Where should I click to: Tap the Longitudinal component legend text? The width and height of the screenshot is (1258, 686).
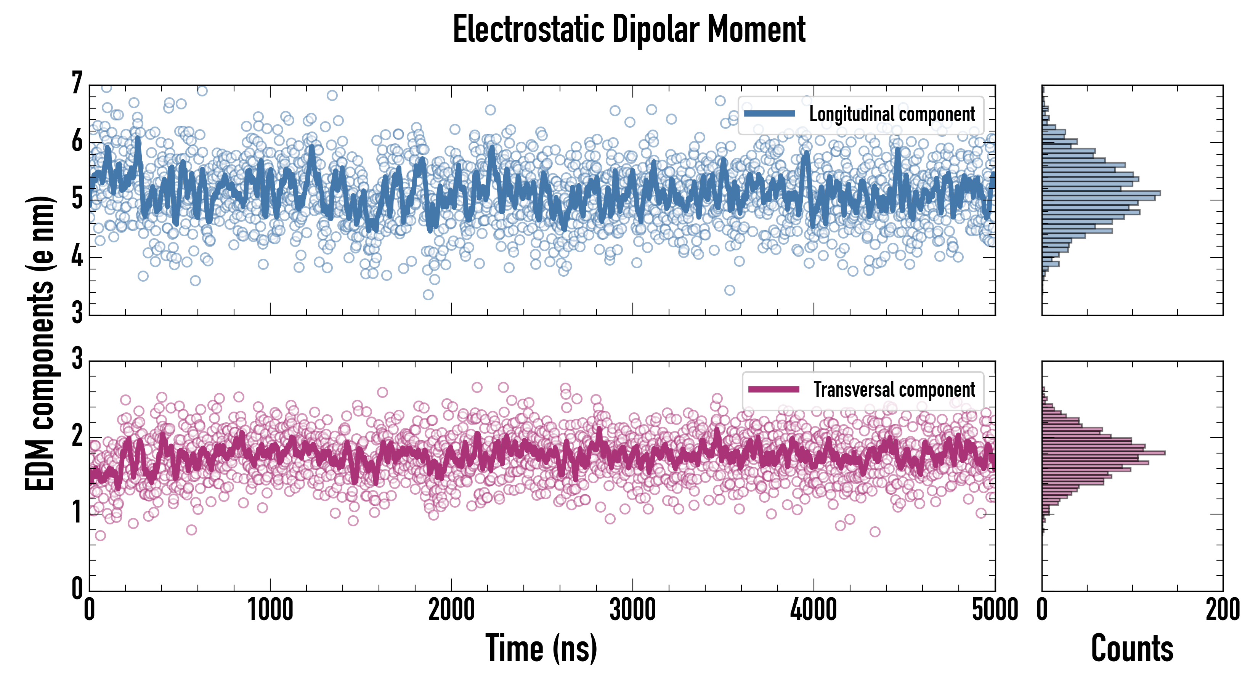(x=892, y=114)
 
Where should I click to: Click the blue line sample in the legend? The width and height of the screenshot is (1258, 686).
(x=769, y=114)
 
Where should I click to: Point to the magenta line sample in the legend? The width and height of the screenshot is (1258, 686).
(x=773, y=389)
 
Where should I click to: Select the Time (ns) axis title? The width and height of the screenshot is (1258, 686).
(x=541, y=648)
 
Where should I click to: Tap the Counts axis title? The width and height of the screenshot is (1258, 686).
(x=1132, y=648)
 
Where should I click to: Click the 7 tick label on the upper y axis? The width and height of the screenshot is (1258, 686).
(x=77, y=83)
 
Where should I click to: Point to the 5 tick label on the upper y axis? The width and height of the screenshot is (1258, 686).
(x=77, y=198)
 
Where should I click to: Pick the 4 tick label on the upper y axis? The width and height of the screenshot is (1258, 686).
(x=77, y=256)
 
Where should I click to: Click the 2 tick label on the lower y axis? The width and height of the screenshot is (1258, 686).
(x=77, y=436)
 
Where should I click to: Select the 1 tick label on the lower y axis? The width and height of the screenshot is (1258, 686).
(x=77, y=512)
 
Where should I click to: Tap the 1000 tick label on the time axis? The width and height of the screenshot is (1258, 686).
(x=270, y=610)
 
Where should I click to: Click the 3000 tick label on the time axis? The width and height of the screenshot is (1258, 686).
(x=632, y=610)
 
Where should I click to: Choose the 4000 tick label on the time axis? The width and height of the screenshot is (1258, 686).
(x=814, y=610)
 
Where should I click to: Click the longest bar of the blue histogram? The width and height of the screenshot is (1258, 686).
(x=1101, y=193)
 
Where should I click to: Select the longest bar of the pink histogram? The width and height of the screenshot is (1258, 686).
(x=1103, y=453)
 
